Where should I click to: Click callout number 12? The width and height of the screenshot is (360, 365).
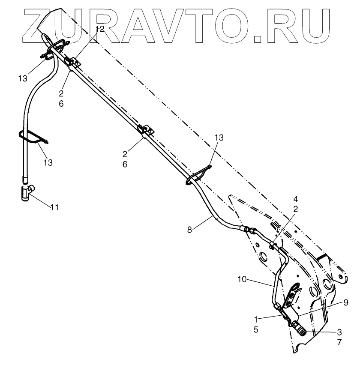tap(99, 29)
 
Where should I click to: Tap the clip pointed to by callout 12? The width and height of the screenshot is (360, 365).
tap(72, 63)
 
